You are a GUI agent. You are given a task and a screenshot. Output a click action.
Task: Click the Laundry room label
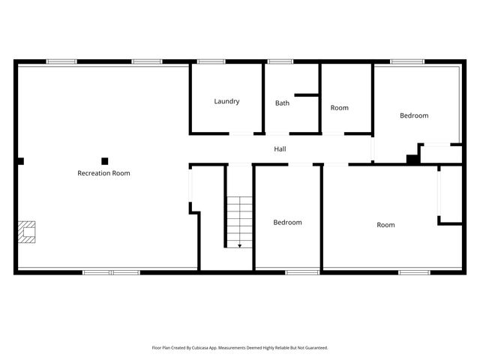[x=226, y=101]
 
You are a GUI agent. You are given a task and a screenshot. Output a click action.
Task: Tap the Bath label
[x=282, y=103]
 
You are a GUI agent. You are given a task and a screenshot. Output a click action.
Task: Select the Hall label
[x=280, y=149]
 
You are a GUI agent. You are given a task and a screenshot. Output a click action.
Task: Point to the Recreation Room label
[x=103, y=173]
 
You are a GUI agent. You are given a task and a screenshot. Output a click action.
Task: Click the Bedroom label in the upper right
[x=414, y=115]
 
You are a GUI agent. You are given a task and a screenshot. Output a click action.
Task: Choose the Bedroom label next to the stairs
[x=287, y=223]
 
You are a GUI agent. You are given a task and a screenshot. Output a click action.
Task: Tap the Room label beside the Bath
[x=340, y=108]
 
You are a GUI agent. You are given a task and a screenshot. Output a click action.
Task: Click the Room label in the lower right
[x=385, y=225]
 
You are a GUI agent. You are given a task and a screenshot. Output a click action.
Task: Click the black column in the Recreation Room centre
[x=105, y=160]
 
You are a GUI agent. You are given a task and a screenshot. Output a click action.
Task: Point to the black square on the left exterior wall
[x=21, y=160]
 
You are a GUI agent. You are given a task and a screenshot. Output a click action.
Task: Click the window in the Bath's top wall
[x=280, y=61]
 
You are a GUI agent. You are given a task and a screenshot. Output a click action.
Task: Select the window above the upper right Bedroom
[x=407, y=61]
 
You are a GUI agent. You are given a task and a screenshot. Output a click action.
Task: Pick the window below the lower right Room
[x=414, y=271]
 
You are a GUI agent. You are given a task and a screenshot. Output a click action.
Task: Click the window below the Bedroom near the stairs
[x=302, y=271]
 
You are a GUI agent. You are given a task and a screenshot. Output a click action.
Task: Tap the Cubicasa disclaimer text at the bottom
[x=240, y=348]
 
